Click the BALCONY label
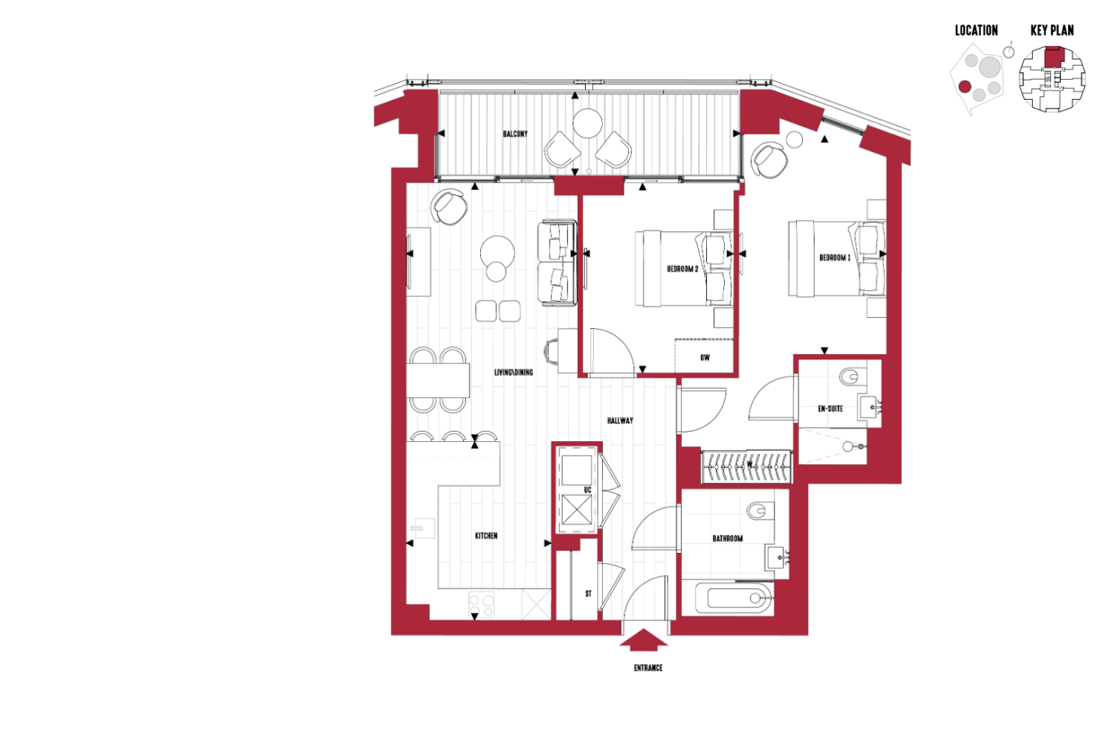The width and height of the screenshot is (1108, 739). point(515,134)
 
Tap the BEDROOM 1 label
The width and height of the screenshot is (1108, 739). point(835,258)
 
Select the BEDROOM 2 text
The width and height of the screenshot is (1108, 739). point(683,269)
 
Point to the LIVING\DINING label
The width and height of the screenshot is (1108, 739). point(513,372)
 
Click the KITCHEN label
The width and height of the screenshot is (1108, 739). point(486,536)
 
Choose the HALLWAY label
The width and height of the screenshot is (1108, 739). point(620,420)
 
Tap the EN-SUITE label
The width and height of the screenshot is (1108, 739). point(830,409)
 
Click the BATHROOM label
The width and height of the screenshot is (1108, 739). point(727,539)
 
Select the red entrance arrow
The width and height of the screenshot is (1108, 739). point(643,639)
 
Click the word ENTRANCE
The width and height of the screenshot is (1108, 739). point(648,668)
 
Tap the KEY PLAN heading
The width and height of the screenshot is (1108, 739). point(1052,31)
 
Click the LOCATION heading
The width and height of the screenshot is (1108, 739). point(976,31)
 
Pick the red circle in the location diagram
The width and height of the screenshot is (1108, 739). point(965,86)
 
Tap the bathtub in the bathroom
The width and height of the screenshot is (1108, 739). point(734,599)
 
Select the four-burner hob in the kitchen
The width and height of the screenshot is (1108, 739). point(482,605)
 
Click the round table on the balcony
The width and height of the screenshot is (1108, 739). point(587,123)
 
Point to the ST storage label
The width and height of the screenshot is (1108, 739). point(588,593)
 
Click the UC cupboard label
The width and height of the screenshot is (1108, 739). point(587,490)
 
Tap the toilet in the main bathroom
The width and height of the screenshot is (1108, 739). point(760,511)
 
